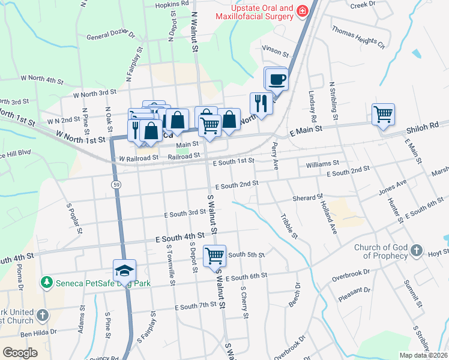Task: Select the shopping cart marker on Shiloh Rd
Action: (x=383, y=113)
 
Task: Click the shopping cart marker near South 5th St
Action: (x=214, y=256)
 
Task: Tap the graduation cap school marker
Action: (x=125, y=271)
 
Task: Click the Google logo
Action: (x=20, y=352)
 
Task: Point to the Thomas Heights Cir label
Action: (x=358, y=37)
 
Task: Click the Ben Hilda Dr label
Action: (x=38, y=331)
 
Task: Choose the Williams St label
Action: (x=322, y=163)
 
